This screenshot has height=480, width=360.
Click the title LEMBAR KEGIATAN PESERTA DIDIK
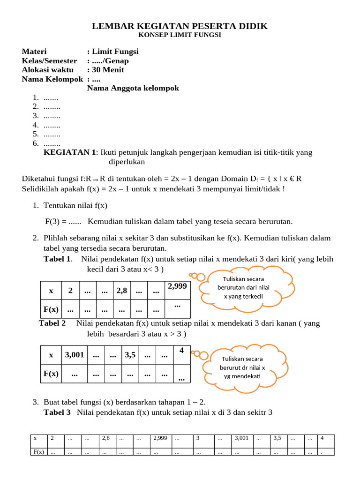tap(180, 26)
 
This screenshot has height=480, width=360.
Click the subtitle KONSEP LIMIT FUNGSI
tap(180, 35)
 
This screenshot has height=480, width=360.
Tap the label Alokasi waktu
tap(48, 70)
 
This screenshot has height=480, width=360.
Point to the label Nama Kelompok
tap(52, 79)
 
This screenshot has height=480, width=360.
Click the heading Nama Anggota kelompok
tap(133, 88)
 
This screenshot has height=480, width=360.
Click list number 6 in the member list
tap(36, 143)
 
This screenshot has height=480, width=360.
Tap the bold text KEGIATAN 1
tap(69, 152)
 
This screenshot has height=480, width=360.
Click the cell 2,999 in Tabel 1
tap(177, 285)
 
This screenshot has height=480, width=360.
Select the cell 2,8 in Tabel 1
tap(122, 291)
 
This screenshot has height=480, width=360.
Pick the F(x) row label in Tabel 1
tap(51, 309)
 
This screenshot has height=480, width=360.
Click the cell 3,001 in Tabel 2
tap(75, 355)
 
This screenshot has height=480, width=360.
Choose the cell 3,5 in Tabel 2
tap(130, 355)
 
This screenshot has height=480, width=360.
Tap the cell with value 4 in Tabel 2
tap(181, 350)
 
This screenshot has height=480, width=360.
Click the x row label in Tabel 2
tap(51, 355)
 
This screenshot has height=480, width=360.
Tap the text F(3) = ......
tap(57, 221)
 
